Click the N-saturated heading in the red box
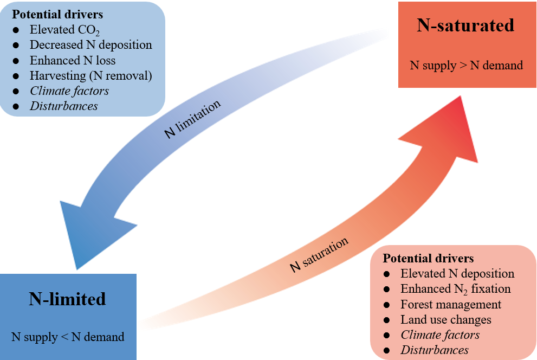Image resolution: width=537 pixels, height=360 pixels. point(465,25)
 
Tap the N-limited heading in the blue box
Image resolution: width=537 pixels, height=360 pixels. point(67,299)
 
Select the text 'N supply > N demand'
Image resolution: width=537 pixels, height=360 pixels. point(466,66)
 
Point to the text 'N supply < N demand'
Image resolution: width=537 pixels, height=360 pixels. point(68,337)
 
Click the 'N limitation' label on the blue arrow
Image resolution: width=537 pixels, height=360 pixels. point(193,119)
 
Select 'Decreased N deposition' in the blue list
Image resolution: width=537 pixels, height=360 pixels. point(90,45)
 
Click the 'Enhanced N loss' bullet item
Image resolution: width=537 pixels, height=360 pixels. point(72,60)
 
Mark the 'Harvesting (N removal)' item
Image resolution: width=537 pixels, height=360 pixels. point(90,75)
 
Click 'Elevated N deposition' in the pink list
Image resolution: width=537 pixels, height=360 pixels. point(457,274)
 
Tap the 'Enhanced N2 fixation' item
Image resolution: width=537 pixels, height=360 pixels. point(455,289)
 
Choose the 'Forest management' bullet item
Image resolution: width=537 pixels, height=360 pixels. point(451,305)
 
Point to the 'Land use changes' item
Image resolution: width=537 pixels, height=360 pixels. point(446,320)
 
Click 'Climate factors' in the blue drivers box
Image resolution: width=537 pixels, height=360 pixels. point(69,91)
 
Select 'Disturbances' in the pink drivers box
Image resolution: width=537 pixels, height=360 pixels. point(435,350)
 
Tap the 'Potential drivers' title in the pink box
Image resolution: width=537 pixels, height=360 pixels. point(428,258)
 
